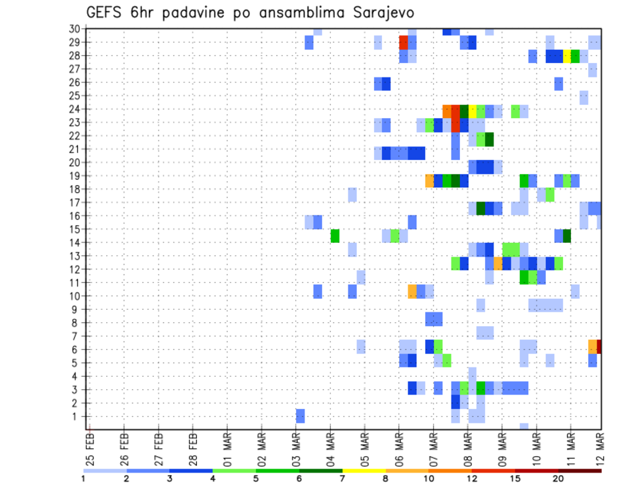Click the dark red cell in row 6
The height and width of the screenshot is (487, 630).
click(x=599, y=346)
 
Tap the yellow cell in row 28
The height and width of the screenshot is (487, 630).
click(x=567, y=56)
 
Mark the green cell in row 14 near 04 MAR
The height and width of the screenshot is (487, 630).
click(x=335, y=236)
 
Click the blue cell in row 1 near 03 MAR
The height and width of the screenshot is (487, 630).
click(x=301, y=416)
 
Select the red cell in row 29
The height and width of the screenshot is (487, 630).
click(x=404, y=43)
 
